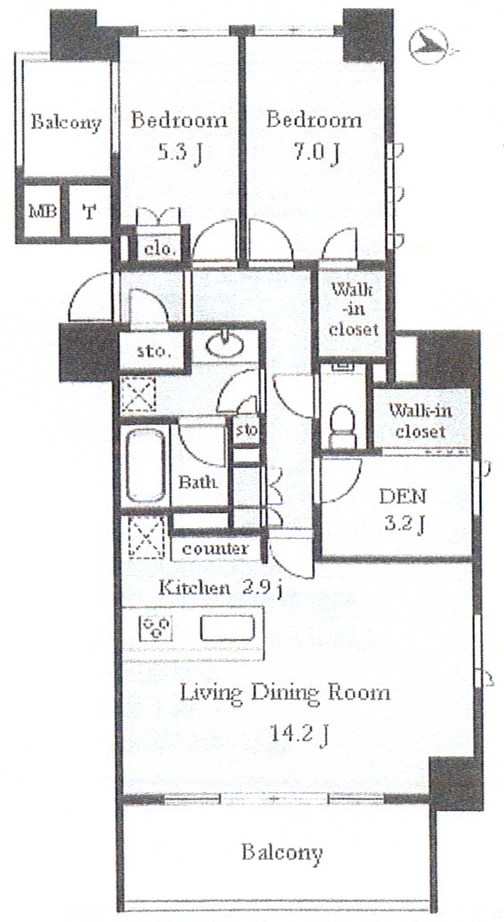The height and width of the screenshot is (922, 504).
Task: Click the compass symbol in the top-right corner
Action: point(430,44)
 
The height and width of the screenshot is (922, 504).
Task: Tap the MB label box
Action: point(43,212)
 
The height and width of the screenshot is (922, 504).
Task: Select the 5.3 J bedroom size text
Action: point(178,154)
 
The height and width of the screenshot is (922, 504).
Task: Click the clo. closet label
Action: point(161,249)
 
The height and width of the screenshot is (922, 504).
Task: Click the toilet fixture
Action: point(343,426)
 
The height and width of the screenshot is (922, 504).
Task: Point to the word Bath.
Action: point(198,483)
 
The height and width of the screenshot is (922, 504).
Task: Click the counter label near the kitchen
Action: point(214,549)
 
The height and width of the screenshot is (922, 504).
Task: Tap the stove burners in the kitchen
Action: point(156,628)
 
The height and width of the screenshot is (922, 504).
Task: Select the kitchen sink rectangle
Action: point(227,628)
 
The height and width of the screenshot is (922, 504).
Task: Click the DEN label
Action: point(403,498)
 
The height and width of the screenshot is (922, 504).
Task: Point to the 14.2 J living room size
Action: point(299,734)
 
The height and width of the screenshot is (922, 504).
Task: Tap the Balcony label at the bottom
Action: point(283,852)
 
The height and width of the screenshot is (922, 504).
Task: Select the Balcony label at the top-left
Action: point(67,123)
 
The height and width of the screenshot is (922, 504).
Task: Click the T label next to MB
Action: point(89,212)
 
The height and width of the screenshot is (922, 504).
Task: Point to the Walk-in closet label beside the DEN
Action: point(420,421)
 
